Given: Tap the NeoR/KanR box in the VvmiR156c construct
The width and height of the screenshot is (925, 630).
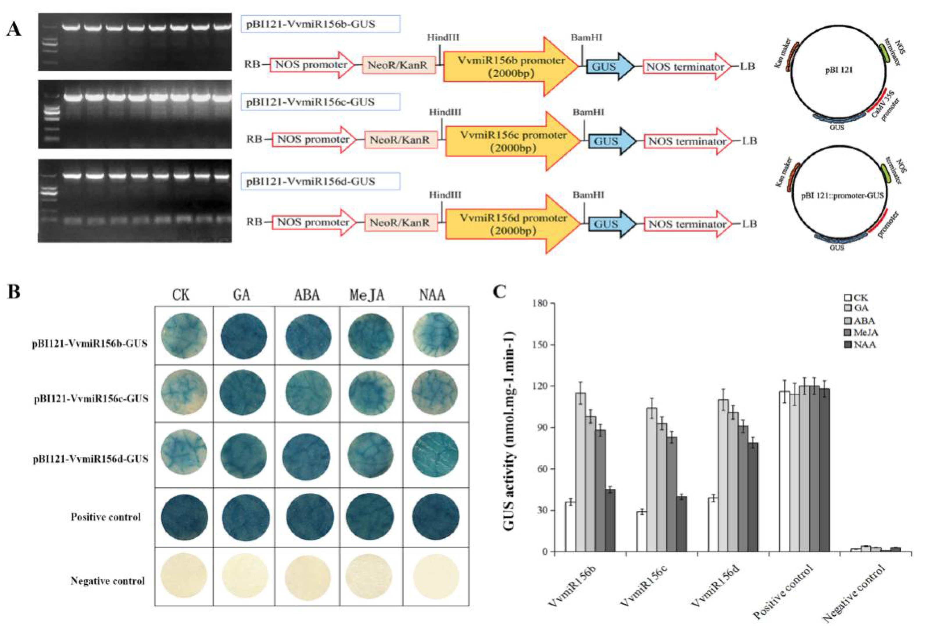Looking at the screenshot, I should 400,140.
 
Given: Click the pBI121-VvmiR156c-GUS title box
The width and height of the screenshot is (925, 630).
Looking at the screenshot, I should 321,102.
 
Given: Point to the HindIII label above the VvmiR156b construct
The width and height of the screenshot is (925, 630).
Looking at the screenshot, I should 443,38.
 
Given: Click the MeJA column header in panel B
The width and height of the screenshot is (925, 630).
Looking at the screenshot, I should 367,295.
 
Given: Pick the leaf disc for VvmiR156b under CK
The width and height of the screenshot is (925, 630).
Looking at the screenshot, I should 184,336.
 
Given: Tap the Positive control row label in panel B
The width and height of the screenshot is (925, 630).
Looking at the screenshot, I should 105,517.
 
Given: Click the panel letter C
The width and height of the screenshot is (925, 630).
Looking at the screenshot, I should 500,292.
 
